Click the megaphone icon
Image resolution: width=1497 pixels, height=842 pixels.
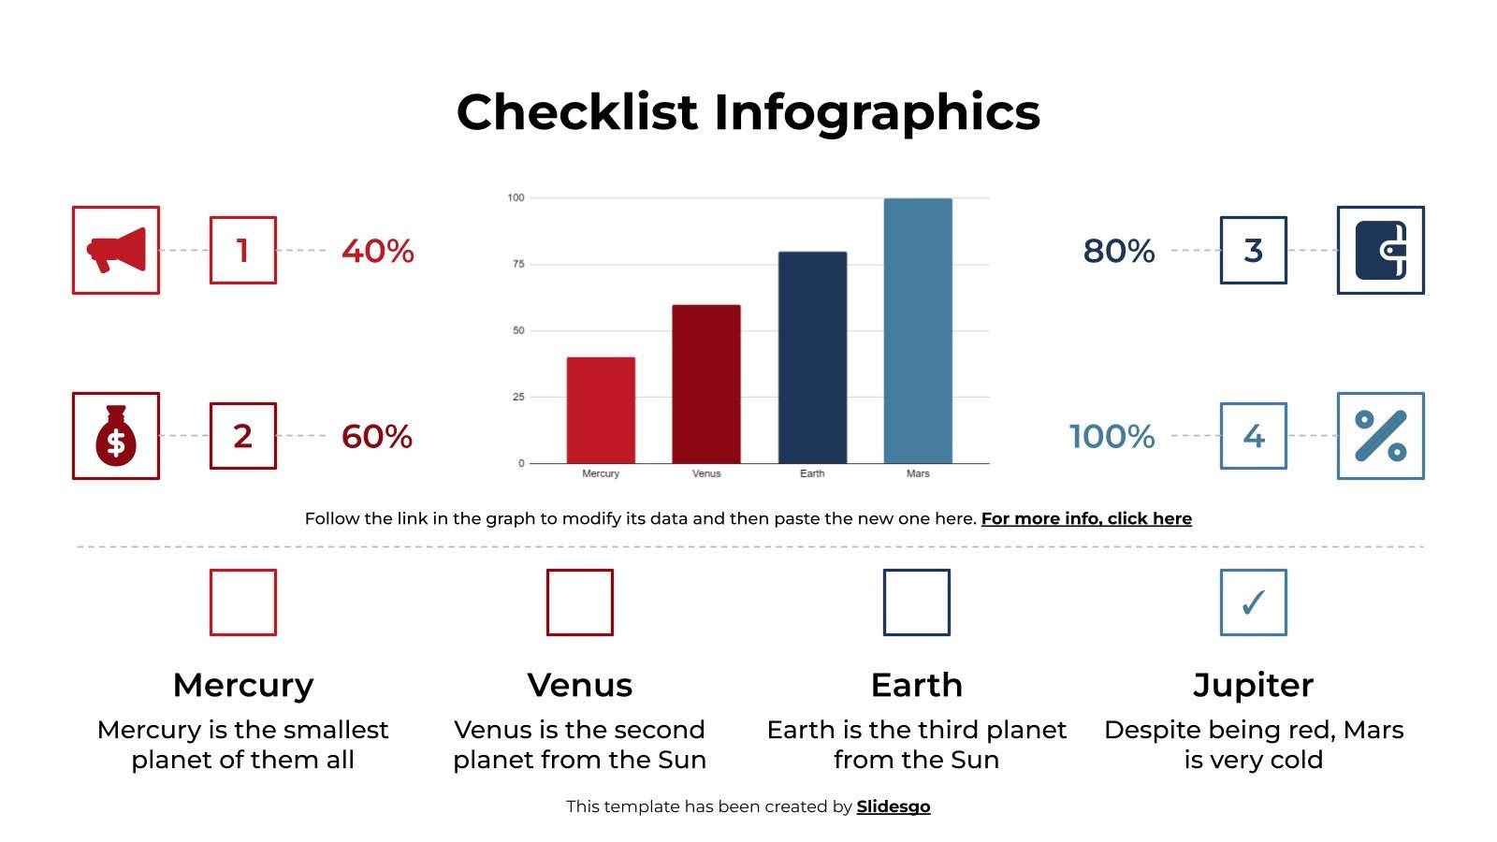point(116,250)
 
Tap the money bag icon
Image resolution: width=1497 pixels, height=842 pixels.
point(116,436)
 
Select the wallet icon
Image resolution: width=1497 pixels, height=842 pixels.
point(1380,250)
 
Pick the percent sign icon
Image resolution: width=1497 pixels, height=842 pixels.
point(1380,436)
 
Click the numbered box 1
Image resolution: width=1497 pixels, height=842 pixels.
point(242,250)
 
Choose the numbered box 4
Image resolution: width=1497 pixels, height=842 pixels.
point(1253,436)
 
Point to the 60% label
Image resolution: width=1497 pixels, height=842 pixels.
point(377,436)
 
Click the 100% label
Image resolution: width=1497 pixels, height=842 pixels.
point(1112,436)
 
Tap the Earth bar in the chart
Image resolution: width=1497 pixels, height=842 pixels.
point(812,357)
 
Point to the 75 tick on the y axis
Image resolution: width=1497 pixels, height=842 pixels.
point(518,264)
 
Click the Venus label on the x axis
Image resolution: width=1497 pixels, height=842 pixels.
point(706,473)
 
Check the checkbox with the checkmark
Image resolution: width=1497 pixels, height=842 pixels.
point(1253,602)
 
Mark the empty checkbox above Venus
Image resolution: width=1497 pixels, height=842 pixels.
point(580,602)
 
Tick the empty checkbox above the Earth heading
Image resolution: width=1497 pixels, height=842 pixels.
point(917,602)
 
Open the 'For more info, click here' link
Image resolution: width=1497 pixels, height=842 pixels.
point(1086,518)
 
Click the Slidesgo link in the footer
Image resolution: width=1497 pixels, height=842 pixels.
point(894,806)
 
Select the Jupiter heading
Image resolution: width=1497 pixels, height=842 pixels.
point(1253,685)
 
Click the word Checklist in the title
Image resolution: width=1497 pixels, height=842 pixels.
point(577,111)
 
